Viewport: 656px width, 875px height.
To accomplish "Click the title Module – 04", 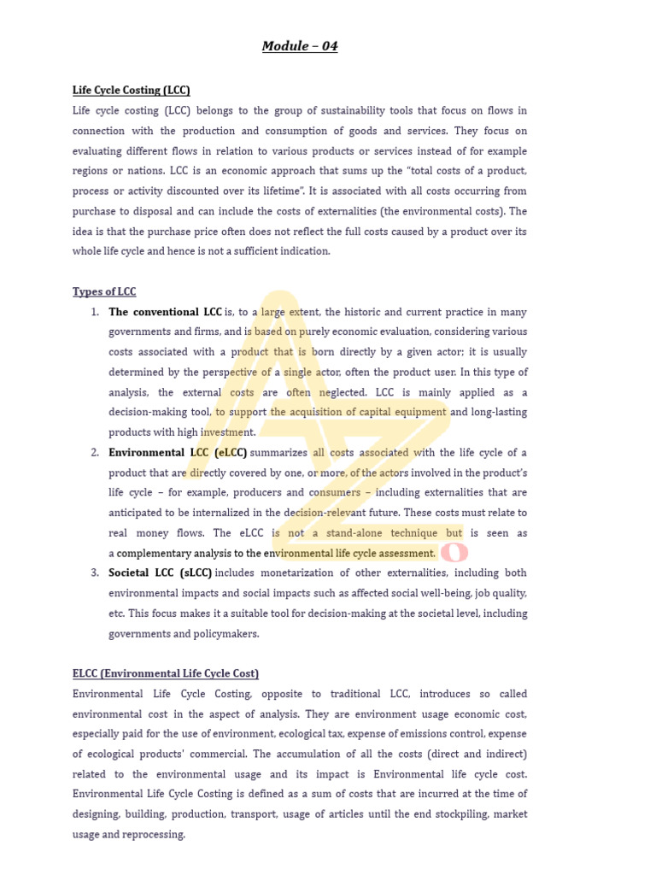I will pos(300,46).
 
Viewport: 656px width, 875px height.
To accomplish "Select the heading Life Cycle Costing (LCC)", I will pos(131,90).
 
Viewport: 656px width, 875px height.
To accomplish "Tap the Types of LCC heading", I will pos(104,291).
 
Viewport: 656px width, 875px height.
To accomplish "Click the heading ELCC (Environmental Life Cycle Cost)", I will pos(166,673).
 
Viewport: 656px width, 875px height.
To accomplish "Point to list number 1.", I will pos(95,312).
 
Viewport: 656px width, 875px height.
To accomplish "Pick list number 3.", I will pos(95,573).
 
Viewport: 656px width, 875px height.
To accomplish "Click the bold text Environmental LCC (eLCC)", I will pos(178,452).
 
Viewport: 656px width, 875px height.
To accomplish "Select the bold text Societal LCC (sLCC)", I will pos(161,573).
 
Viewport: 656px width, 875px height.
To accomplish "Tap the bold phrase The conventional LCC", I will pos(165,312).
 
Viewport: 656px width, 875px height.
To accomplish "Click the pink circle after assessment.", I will pos(453,554).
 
